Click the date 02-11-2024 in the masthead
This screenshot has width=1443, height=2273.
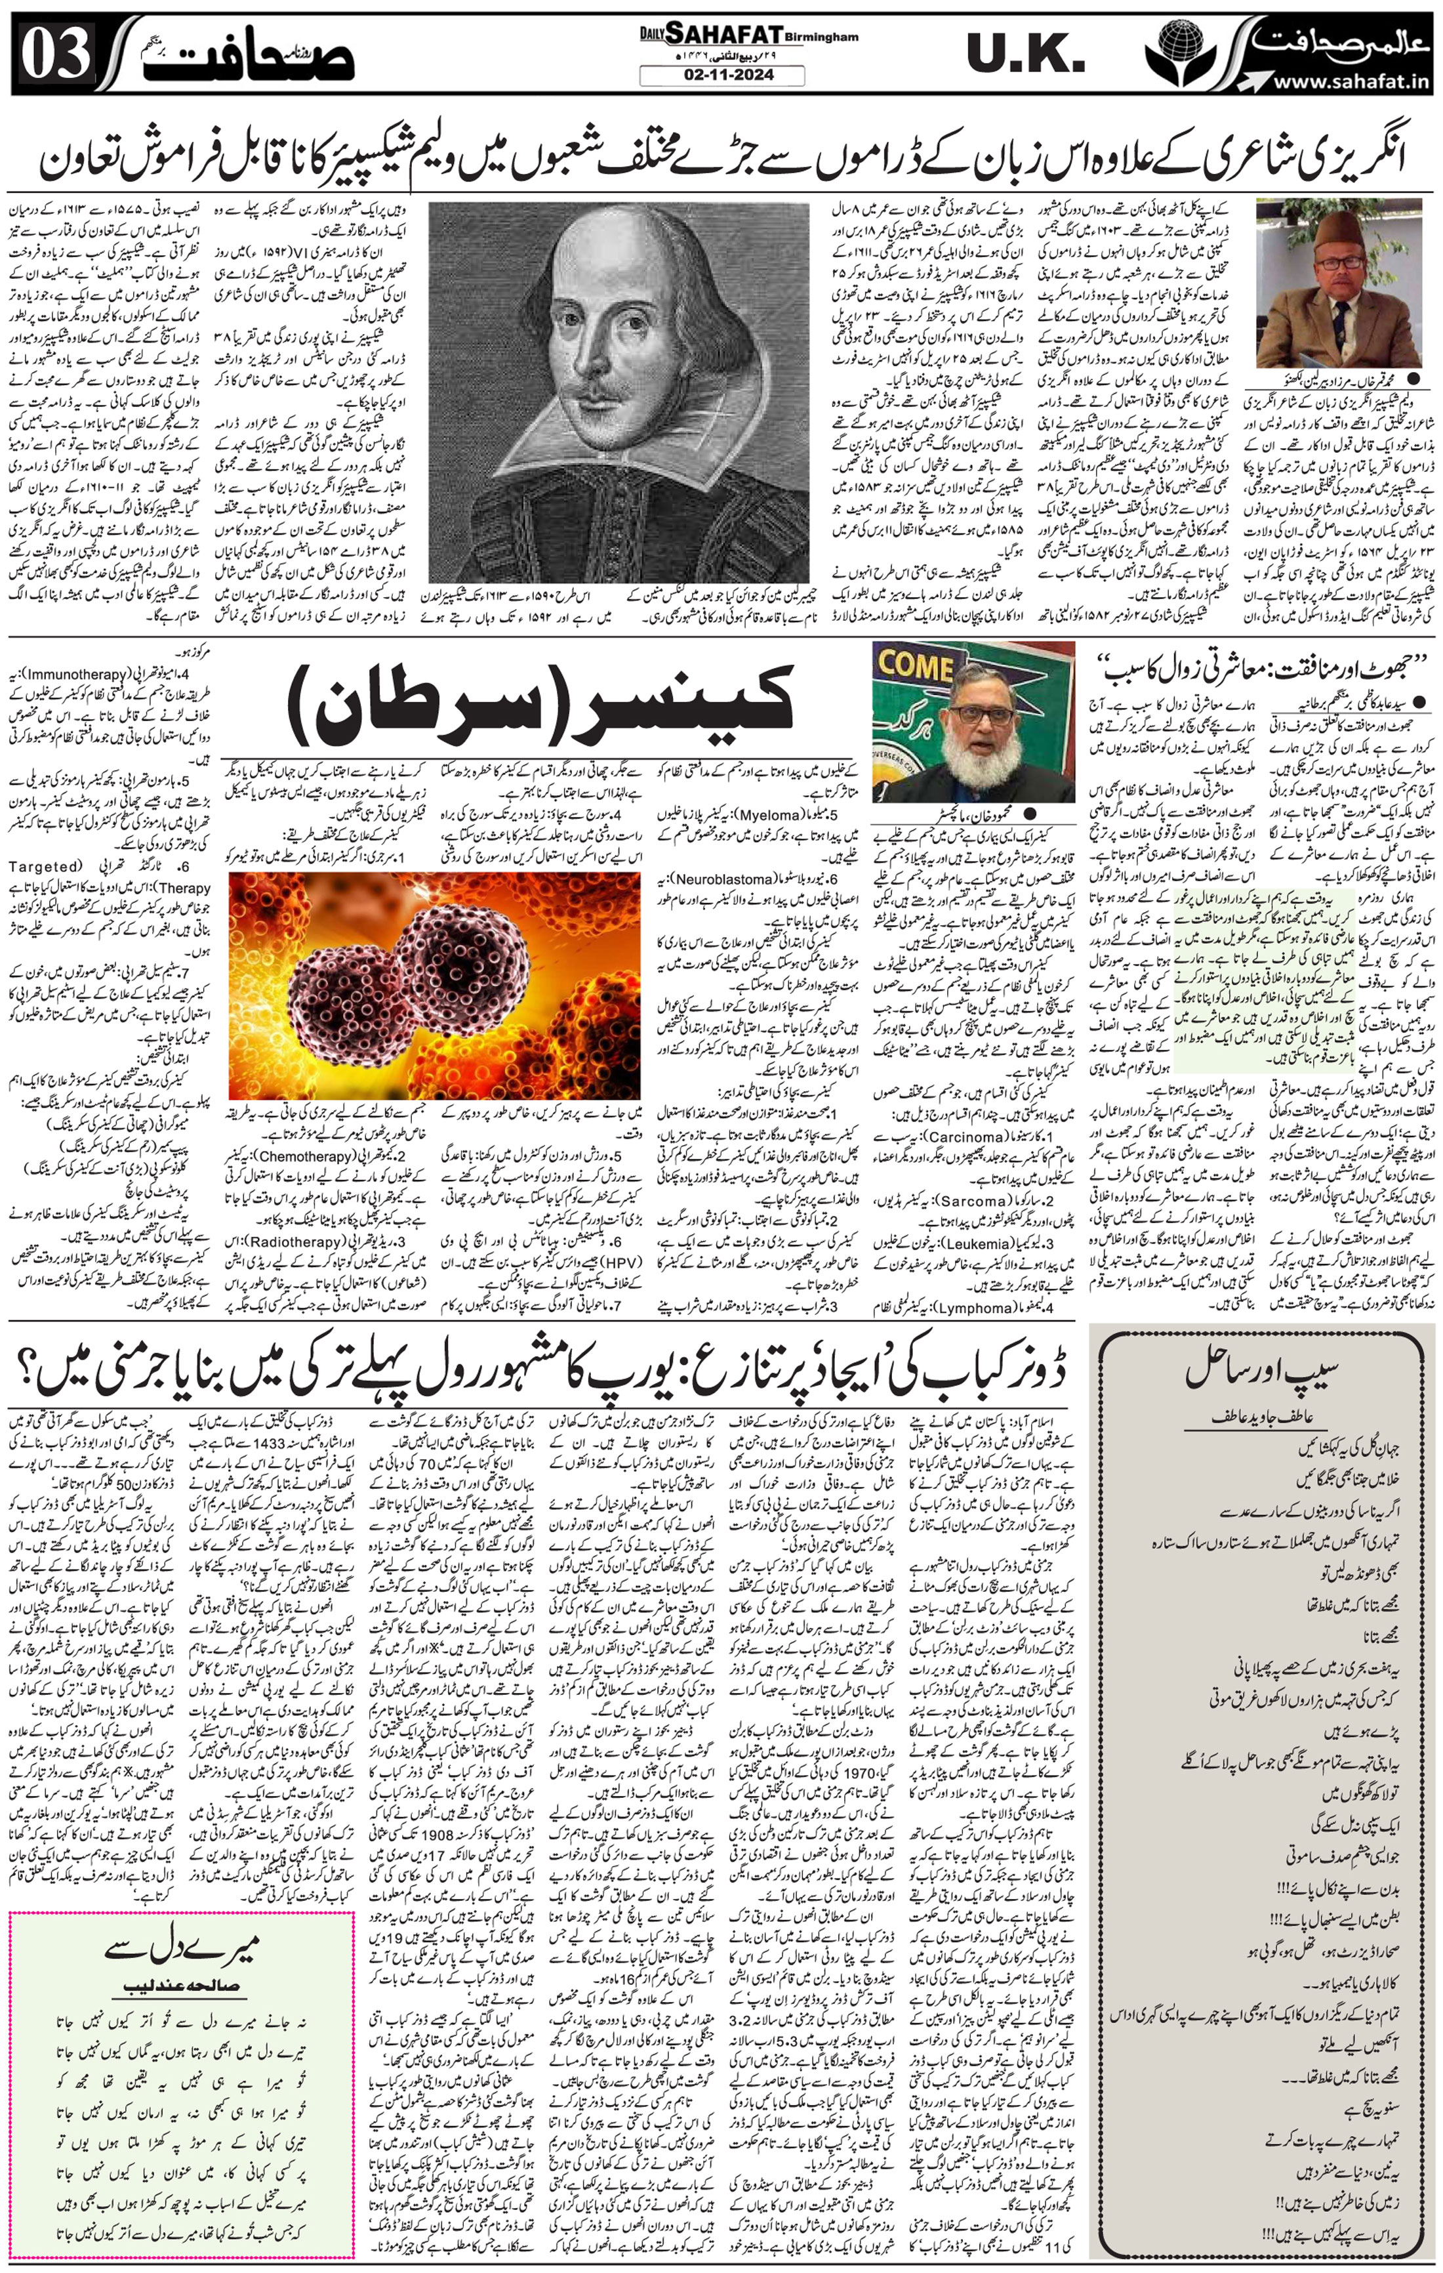pyautogui.click(x=722, y=77)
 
